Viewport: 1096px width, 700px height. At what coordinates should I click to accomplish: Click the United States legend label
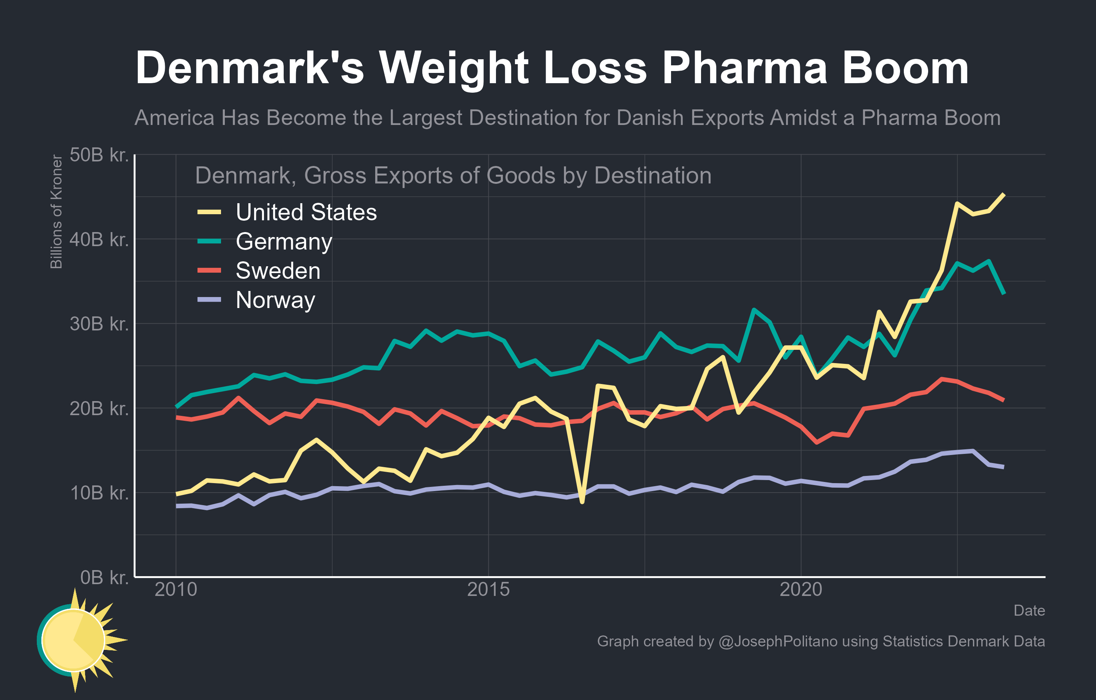point(306,212)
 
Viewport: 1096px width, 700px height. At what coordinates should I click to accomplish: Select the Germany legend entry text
point(284,242)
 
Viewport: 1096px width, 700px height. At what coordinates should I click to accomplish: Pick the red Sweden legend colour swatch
point(209,270)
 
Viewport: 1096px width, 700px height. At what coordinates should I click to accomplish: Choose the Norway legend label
point(275,300)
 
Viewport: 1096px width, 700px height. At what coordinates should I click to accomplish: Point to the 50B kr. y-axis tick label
point(99,155)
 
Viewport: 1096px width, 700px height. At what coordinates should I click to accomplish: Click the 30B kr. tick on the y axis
point(99,324)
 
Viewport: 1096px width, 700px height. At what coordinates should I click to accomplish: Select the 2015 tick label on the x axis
point(488,590)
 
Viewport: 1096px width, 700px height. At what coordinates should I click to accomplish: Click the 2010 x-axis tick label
point(176,590)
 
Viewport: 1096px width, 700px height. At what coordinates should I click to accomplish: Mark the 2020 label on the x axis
point(801,590)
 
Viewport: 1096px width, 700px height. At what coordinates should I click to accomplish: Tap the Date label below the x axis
point(1029,610)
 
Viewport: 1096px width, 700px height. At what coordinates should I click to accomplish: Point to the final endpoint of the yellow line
point(1004,195)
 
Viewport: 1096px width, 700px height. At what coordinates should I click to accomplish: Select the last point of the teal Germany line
point(1004,294)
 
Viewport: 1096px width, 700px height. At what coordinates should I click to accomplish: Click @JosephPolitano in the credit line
point(778,641)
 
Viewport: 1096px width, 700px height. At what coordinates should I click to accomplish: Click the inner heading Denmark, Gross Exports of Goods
point(453,176)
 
